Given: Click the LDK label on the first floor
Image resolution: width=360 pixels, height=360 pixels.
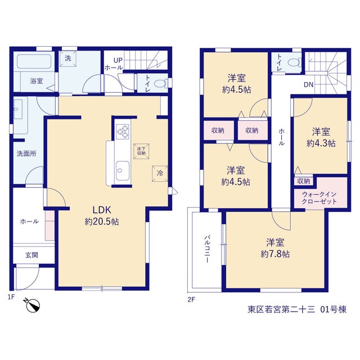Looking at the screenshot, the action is (102, 210).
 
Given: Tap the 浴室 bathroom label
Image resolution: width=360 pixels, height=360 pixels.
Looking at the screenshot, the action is (36, 81).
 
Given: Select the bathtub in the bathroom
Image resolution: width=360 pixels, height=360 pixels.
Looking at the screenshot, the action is (34, 61).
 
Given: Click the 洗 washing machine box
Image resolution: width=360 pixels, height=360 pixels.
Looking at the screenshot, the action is (68, 58).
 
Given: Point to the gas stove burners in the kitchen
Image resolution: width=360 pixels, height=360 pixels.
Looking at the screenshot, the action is (123, 132).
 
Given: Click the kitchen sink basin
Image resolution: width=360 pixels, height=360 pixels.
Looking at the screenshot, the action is (123, 170).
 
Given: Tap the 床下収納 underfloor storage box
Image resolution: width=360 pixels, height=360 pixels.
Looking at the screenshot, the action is (141, 151).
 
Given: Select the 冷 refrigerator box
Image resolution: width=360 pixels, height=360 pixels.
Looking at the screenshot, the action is (160, 174).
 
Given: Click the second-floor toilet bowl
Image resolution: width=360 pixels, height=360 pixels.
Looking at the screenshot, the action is (294, 62).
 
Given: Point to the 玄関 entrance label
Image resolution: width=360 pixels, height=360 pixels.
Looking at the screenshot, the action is (31, 255).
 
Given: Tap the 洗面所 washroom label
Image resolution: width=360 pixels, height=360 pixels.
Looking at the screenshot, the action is (26, 154).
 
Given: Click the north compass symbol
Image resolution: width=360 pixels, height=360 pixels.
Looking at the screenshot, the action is (33, 305).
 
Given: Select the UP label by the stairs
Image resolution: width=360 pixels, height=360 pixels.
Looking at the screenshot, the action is (118, 60).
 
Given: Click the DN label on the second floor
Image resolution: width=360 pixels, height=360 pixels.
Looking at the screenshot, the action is (309, 85).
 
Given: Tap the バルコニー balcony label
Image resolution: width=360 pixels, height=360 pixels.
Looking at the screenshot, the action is (206, 249).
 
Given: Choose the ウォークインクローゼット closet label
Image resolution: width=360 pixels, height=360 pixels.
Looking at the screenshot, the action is (319, 198).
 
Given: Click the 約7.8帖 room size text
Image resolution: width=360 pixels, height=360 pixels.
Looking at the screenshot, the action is (275, 254).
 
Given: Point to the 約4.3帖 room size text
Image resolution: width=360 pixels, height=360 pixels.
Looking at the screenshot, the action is (321, 143).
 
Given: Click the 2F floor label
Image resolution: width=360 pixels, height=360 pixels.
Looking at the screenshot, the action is (191, 299).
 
